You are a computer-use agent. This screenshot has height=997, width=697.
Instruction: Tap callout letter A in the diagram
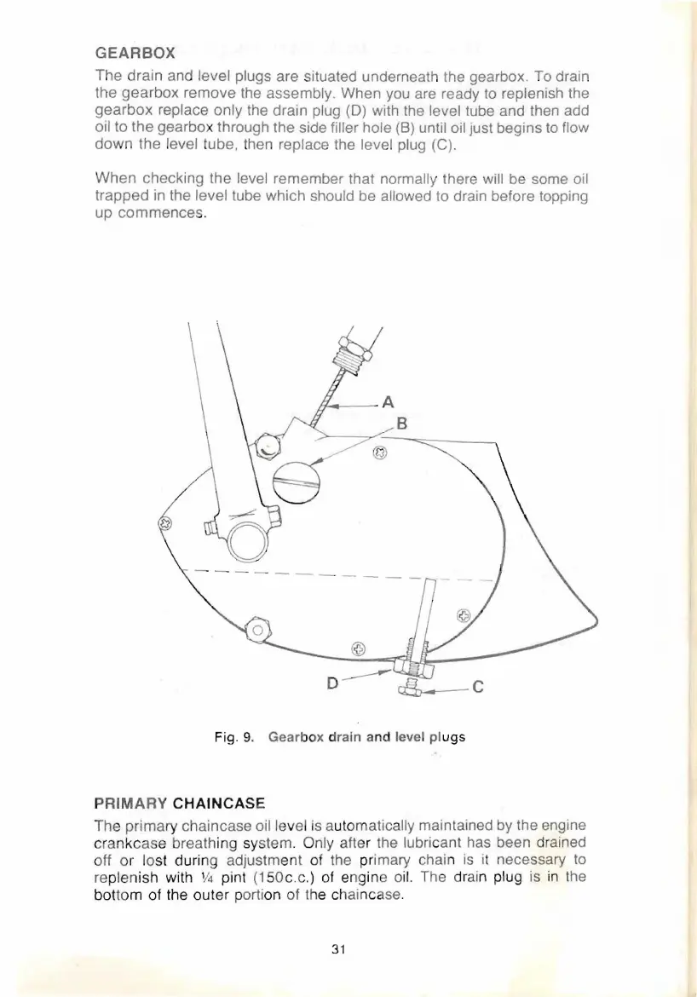pos(389,401)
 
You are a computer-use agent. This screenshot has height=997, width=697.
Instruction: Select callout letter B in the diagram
pos(404,424)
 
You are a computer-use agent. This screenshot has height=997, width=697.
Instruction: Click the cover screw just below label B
pos(381,452)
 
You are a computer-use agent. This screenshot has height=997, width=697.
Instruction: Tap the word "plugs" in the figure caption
pos(446,736)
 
